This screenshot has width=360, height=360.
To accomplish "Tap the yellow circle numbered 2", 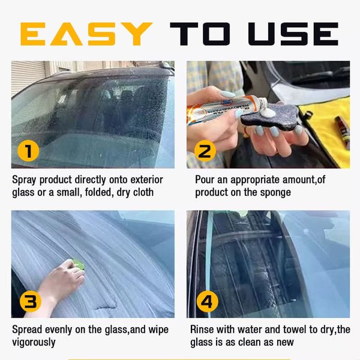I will click(x=206, y=151).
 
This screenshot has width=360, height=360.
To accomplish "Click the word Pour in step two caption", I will click(x=205, y=179).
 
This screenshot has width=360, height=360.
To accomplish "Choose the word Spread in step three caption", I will click(x=27, y=329).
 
